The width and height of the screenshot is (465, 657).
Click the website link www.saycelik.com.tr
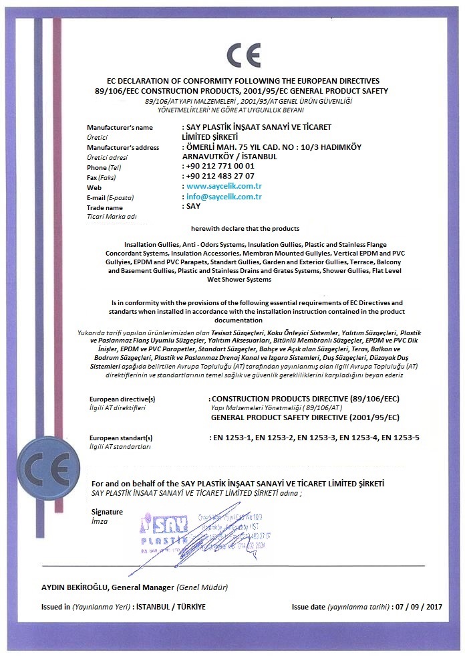pos(223,186)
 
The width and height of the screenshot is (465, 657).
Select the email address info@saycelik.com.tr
pos(224,197)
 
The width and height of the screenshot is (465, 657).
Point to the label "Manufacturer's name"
pos(120,126)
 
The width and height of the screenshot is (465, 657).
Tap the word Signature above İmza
pos(108,512)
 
